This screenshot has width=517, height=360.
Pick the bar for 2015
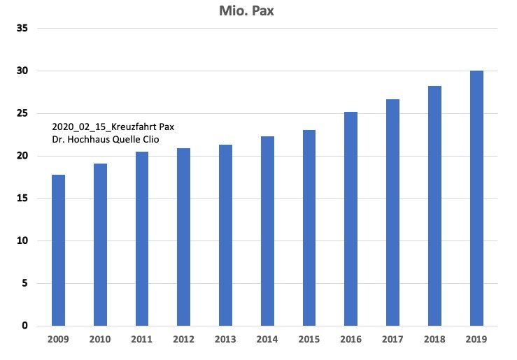click(x=309, y=228)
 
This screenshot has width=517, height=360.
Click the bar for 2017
click(x=392, y=213)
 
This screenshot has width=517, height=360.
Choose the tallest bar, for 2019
click(x=476, y=199)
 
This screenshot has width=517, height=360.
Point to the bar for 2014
click(x=267, y=231)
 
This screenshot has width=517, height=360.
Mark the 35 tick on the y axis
click(x=22, y=29)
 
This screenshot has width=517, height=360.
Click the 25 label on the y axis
click(x=22, y=113)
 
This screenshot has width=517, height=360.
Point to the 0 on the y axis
click(x=24, y=326)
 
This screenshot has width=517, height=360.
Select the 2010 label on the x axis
click(x=100, y=339)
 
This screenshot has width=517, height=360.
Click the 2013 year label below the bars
click(x=225, y=339)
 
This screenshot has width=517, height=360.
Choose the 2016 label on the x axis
click(x=351, y=339)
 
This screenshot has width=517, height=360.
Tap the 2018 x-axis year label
click(x=434, y=339)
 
